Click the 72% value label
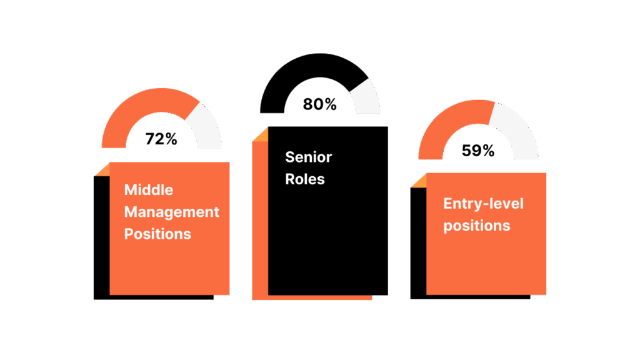(161, 139)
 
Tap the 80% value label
(320, 104)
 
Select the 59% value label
(478, 151)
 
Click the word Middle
(149, 189)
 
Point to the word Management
(172, 212)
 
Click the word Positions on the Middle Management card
(157, 234)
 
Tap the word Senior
(308, 156)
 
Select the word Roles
(305, 179)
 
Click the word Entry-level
(483, 203)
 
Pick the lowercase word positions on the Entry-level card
(477, 225)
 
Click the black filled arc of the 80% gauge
(294, 75)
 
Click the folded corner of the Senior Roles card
(261, 134)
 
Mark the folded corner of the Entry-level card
(419, 181)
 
